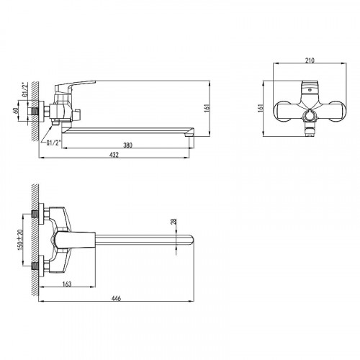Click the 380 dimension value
pos(127,145)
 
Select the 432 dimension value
pos(114,155)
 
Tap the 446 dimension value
pos(116,298)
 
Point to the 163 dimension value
pos(67,284)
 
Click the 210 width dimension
pos(310,60)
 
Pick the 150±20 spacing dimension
pos(20,238)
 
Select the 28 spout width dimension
pos(174,222)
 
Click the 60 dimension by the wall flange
pos(16,111)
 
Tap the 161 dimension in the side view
pos(207,108)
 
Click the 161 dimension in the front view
pos(261,108)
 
